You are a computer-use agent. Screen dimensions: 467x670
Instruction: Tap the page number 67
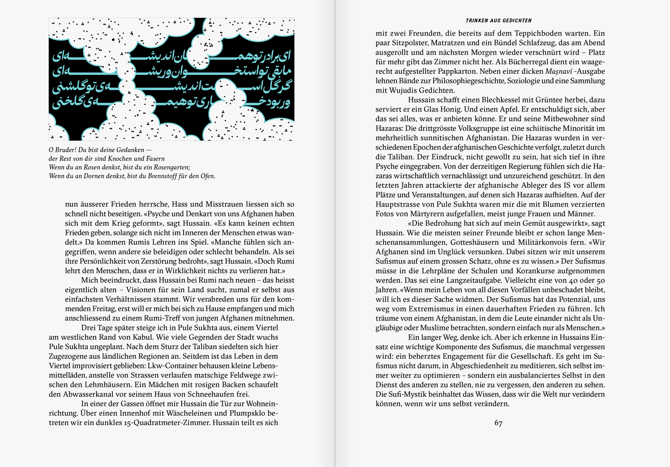(498, 423)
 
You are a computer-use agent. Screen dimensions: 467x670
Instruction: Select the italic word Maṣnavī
(559, 71)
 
